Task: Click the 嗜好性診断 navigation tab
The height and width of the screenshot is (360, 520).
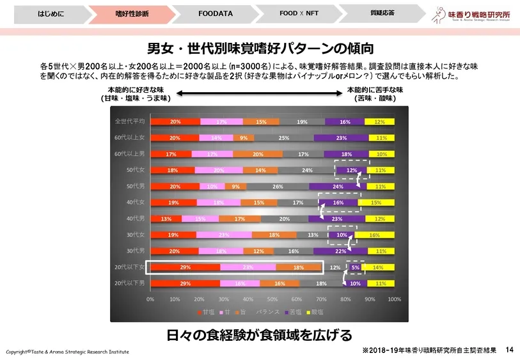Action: [132, 13]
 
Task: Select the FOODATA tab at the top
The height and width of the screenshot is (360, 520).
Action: [215, 13]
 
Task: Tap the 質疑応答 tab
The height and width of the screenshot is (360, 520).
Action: [382, 12]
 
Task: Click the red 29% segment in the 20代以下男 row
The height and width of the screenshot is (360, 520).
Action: [185, 283]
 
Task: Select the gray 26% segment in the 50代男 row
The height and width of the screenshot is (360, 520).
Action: [278, 187]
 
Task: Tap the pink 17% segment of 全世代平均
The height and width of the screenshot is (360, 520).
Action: [221, 121]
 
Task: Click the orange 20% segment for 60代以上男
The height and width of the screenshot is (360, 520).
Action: [258, 154]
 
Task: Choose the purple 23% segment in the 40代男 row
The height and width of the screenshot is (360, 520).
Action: [337, 219]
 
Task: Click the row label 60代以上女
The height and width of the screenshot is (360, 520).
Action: [129, 137]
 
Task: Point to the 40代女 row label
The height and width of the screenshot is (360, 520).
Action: [135, 202]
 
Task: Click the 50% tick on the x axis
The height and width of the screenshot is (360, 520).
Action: [272, 299]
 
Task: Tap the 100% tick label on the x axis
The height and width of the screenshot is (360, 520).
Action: [394, 299]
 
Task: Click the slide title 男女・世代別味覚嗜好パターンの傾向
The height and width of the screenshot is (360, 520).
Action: [260, 48]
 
